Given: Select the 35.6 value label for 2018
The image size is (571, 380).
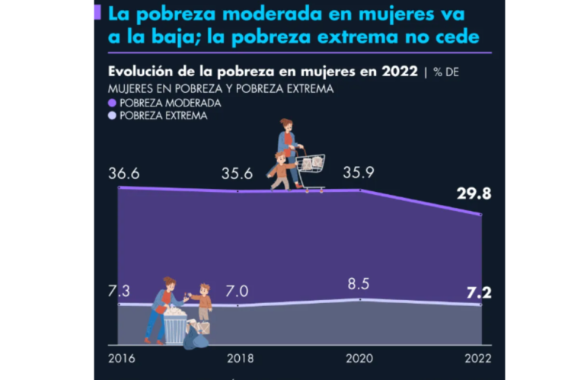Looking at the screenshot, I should pyautogui.click(x=238, y=173).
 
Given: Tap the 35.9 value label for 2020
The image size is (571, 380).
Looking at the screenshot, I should pyautogui.click(x=359, y=173).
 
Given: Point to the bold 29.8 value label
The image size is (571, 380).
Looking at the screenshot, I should pyautogui.click(x=474, y=194).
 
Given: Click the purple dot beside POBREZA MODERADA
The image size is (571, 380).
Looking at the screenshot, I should pyautogui.click(x=113, y=103).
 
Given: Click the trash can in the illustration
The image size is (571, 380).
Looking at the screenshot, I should pyautogui.click(x=175, y=326).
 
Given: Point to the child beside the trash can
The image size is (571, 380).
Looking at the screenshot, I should pyautogui.click(x=203, y=302).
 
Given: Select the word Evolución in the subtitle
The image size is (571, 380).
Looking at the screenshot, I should pyautogui.click(x=137, y=72).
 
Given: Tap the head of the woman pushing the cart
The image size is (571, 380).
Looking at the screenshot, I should pyautogui.click(x=285, y=123).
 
